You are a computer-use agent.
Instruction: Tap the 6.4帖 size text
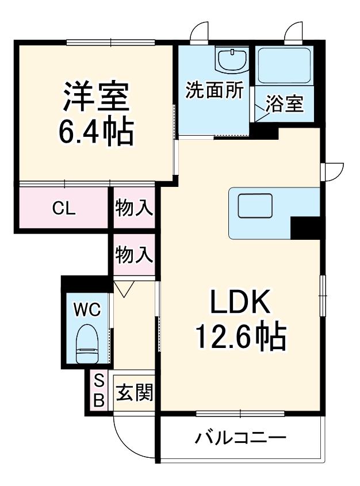[x=97, y=131]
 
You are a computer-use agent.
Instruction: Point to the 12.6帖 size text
[x=240, y=336]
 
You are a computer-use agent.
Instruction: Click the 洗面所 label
[x=215, y=90]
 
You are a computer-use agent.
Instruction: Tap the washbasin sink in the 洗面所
[x=232, y=59]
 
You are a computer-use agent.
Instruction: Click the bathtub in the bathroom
[x=284, y=65]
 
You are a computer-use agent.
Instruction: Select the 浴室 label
[x=284, y=104]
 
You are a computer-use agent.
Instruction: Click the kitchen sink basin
[x=255, y=206]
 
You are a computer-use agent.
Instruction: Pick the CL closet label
[x=64, y=208]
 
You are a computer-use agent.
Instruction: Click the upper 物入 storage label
[x=134, y=208]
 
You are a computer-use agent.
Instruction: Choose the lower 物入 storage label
[x=134, y=255]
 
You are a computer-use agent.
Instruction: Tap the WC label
[x=87, y=309]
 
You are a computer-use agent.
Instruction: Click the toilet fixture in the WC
[x=87, y=344]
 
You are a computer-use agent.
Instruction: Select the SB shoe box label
[x=99, y=391]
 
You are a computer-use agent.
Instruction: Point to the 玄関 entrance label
[x=135, y=392]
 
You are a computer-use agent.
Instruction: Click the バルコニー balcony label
[x=240, y=438]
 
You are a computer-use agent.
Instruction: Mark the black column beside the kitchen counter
[x=305, y=228]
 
